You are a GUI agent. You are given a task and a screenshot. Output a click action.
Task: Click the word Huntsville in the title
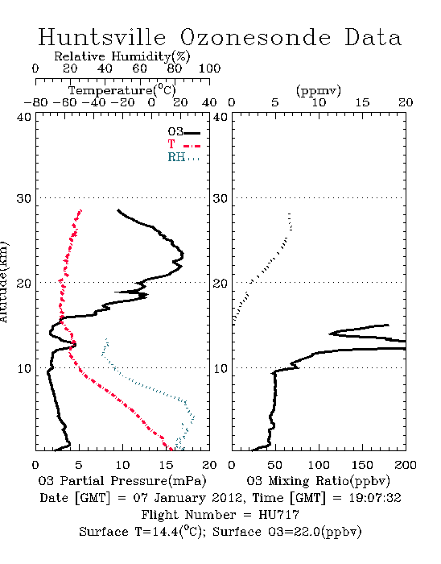102,37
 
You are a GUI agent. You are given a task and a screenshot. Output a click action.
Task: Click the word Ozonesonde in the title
255,37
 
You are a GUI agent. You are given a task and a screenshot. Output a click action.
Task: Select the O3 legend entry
183,132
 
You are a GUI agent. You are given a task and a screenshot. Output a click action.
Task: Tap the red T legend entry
183,145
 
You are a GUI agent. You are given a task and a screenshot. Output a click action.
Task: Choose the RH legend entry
183,157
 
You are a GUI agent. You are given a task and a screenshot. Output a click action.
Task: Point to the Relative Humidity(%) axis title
122,56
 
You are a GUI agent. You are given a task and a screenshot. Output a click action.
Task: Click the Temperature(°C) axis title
122,90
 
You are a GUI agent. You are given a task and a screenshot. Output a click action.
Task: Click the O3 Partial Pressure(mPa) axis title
122,481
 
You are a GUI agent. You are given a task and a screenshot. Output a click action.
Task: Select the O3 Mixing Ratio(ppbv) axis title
318,481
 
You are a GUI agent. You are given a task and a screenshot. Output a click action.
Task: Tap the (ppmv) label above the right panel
319,91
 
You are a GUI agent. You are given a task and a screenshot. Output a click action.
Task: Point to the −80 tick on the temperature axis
35,103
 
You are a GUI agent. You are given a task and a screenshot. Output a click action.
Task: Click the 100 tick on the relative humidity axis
209,68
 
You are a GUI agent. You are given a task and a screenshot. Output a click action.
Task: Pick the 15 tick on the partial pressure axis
166,465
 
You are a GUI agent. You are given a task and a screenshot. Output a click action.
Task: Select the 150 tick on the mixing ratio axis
362,465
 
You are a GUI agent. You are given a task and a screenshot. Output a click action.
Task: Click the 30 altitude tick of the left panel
24,198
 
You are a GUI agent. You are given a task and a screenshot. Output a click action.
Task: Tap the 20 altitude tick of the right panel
220,284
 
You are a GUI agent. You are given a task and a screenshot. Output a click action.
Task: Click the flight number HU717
278,515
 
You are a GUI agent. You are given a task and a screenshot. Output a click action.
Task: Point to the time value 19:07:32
375,498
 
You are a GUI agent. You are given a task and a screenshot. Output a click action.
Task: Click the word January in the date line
180,498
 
